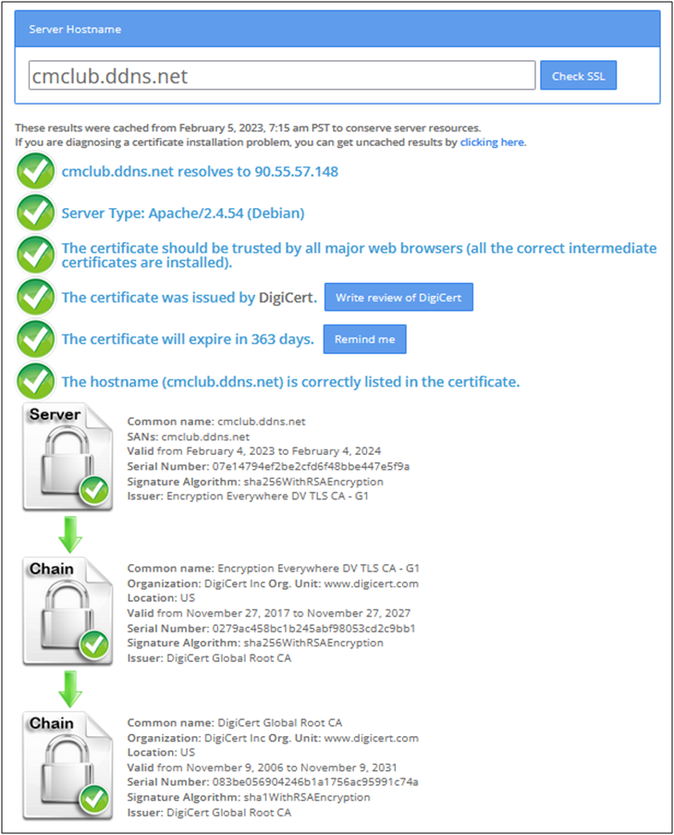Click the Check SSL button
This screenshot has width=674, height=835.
(578, 75)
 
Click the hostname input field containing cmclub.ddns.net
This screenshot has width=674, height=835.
(282, 75)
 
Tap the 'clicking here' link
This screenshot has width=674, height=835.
(493, 142)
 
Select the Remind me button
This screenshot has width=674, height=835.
(364, 339)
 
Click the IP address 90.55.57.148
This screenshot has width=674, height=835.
(296, 171)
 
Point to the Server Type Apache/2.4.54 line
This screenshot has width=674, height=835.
(183, 213)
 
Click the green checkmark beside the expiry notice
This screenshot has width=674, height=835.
(36, 338)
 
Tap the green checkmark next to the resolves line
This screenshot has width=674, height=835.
(36, 171)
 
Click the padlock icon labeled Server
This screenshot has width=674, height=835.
(67, 457)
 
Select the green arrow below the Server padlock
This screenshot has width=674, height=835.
(69, 534)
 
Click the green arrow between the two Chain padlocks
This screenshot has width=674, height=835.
(69, 689)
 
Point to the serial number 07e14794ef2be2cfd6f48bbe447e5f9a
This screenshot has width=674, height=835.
(311, 466)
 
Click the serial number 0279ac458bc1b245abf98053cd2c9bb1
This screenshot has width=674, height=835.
(313, 629)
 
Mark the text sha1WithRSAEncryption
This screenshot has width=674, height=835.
(307, 797)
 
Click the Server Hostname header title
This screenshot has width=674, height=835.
(75, 30)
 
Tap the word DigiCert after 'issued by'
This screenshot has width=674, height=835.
(288, 297)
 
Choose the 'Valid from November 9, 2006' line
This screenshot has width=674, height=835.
(262, 767)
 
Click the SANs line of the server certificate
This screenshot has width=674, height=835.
(188, 436)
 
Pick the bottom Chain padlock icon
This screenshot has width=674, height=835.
(67, 766)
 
